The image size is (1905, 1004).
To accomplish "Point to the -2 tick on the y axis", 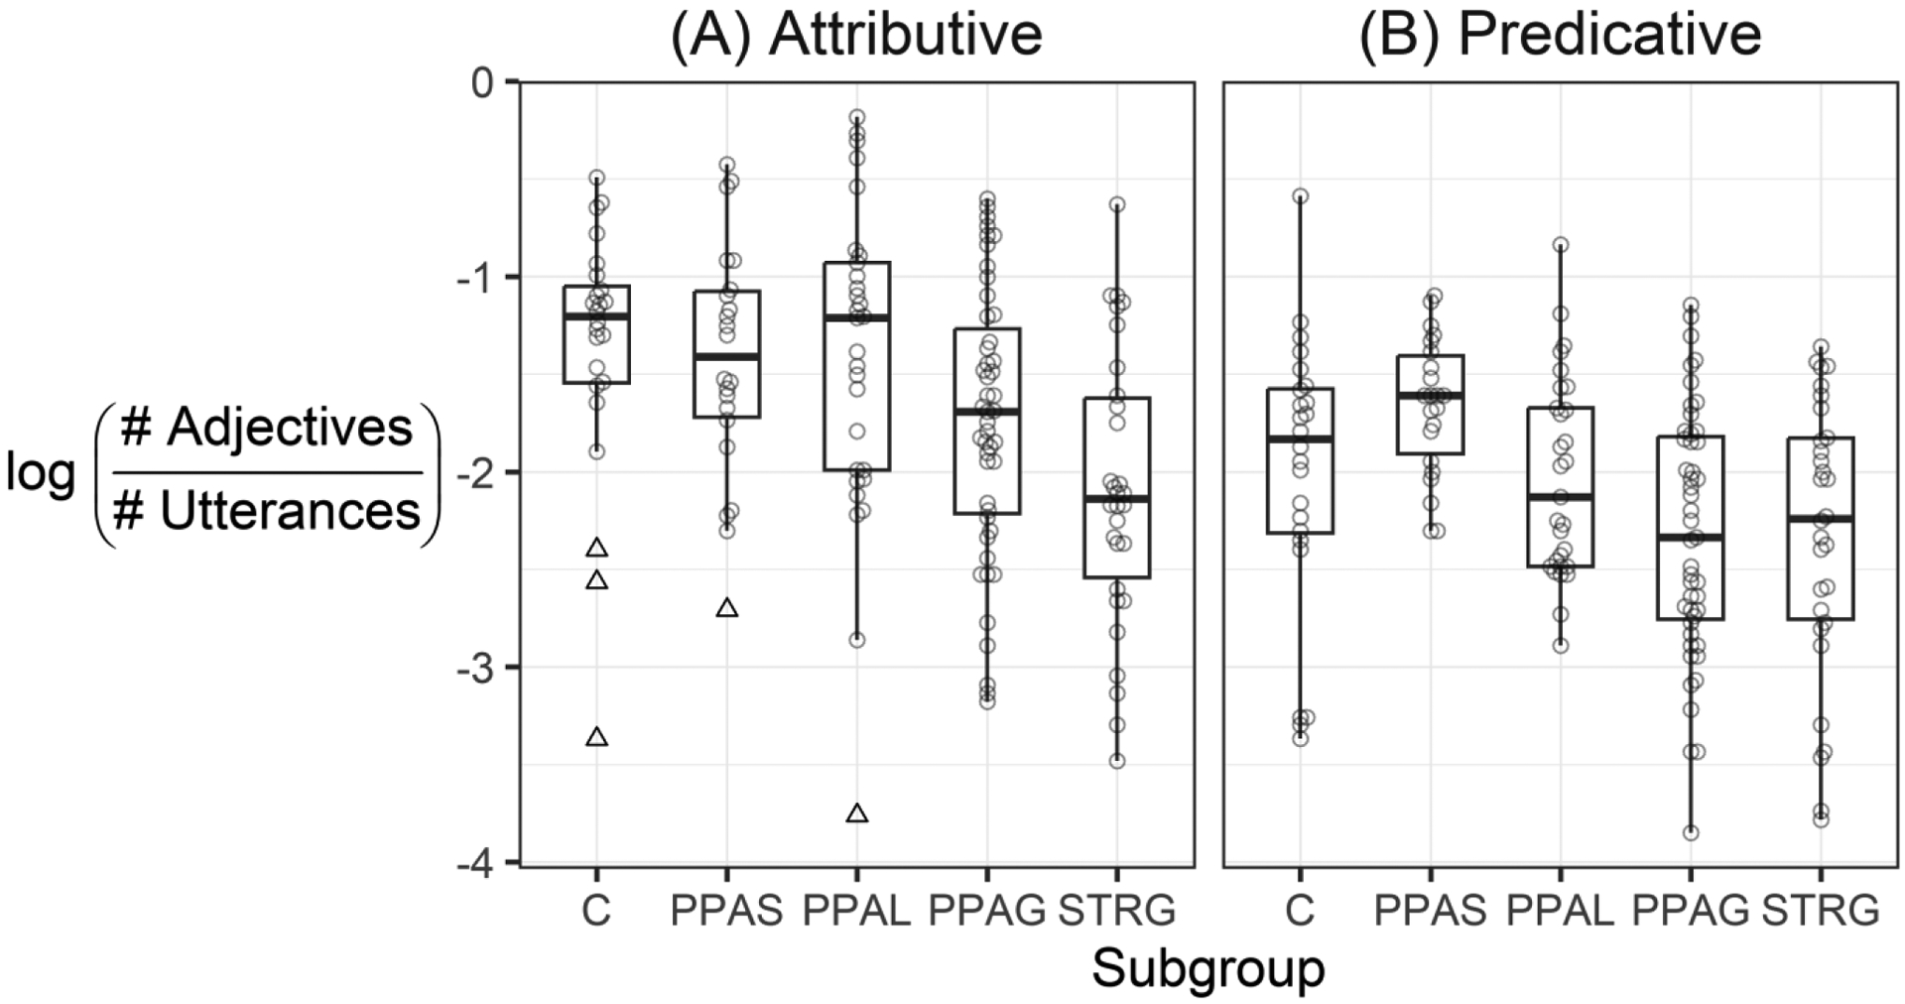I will (x=479, y=472).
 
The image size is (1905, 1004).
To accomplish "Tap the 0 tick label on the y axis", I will (x=482, y=81).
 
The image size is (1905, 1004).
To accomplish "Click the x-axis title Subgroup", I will (x=1208, y=969).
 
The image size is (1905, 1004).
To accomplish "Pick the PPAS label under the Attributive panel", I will (x=727, y=910).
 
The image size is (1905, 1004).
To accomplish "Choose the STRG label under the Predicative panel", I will (x=1821, y=910).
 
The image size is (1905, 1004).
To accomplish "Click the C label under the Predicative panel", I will (x=1299, y=910).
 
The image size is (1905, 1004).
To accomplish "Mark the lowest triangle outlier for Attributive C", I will (x=596, y=737).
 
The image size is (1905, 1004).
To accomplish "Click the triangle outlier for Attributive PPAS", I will (x=727, y=608).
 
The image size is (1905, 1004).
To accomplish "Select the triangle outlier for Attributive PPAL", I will (x=857, y=815).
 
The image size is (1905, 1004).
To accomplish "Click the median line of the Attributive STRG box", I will (x=1117, y=499).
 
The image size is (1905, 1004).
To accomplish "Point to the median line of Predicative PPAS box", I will (x=1430, y=395).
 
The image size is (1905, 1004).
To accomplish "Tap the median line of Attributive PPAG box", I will (x=987, y=411).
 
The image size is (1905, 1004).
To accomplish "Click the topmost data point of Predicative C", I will (x=1300, y=196).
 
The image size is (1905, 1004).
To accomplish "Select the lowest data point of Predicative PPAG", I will (x=1691, y=832).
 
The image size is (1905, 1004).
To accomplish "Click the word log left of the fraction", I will (x=40, y=475).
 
